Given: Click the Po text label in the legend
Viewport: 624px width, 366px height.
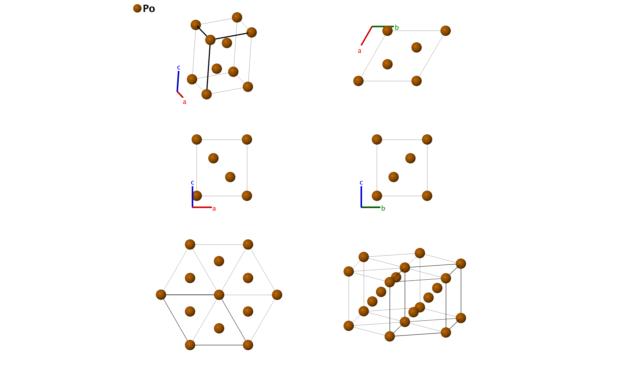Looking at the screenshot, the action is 149,9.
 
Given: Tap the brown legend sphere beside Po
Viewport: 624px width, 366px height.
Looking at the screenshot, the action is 137,8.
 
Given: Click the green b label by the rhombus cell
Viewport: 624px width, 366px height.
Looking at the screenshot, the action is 397,28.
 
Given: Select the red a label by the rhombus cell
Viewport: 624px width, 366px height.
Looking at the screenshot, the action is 360,51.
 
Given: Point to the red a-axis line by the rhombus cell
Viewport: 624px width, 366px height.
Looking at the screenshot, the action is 367,36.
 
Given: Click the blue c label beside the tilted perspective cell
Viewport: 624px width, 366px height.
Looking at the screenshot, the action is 179,67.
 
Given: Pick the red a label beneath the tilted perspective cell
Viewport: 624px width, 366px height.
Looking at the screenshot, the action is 184,102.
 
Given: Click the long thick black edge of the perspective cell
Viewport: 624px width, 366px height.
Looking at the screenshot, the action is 209,67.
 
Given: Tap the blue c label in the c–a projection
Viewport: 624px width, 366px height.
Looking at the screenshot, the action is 192,182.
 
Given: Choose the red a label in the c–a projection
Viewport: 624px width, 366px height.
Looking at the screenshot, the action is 214,209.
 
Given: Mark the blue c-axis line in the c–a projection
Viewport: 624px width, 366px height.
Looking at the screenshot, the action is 192,197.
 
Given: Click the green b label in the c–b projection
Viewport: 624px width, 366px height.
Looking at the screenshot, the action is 383,208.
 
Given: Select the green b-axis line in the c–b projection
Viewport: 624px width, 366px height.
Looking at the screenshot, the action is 371,207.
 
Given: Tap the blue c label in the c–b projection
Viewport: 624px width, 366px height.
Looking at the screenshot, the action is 361,182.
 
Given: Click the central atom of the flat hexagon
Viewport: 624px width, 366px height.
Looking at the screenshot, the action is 219,295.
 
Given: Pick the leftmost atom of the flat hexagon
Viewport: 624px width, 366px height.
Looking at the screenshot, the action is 161,295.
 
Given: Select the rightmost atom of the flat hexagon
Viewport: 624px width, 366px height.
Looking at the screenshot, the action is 277,295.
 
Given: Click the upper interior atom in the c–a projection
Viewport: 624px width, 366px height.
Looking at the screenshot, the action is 213,158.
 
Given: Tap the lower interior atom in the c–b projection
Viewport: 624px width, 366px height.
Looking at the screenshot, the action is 393,177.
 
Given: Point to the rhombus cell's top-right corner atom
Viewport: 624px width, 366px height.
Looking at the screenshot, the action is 445,31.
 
